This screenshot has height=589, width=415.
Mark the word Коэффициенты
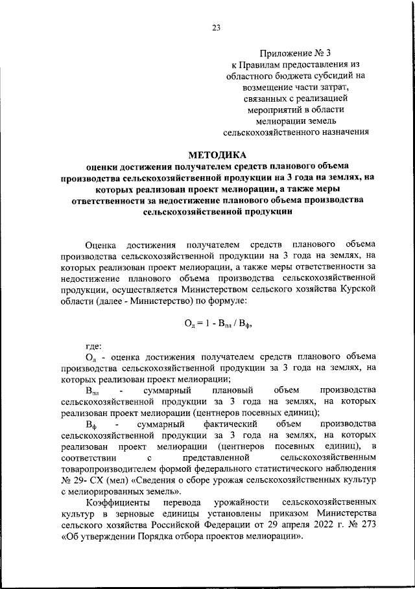click(x=116, y=503)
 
